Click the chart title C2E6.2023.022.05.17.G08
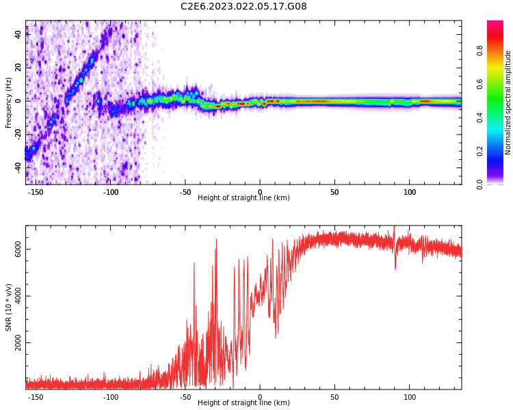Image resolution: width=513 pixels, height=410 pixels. click(x=244, y=6)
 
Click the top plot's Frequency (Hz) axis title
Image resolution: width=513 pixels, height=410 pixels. click(x=9, y=102)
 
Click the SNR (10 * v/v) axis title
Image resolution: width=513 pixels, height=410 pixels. click(x=9, y=307)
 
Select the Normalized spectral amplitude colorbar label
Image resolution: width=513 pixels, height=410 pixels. click(x=508, y=102)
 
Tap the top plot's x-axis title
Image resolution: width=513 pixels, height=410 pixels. click(x=244, y=197)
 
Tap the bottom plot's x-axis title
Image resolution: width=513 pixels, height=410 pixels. click(x=244, y=402)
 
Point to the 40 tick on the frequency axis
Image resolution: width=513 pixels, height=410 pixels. click(x=18, y=34)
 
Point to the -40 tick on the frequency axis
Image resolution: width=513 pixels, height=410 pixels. click(x=18, y=167)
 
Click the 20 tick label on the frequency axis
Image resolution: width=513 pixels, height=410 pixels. click(x=18, y=67)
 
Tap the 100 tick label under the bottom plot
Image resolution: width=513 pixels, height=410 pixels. click(x=410, y=396)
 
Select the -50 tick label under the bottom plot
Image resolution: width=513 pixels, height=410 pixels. click(x=185, y=396)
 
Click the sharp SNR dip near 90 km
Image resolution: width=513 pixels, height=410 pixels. click(x=395, y=266)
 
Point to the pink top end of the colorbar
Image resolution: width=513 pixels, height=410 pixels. click(x=495, y=25)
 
